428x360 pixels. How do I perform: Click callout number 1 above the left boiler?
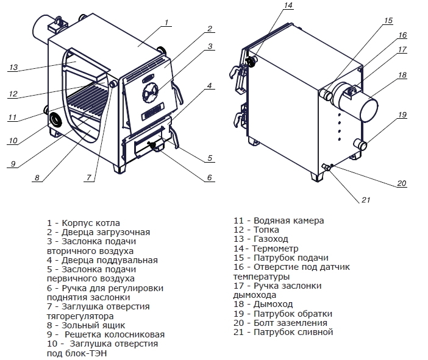click(x=165, y=23)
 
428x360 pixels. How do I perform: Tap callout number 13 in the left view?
click(x=13, y=68)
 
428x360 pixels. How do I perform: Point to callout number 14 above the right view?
click(x=288, y=5)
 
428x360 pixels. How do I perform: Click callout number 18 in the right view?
click(x=402, y=76)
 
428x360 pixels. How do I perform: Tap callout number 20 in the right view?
click(x=401, y=183)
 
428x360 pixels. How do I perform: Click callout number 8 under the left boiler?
click(x=37, y=178)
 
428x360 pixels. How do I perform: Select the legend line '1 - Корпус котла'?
click(x=83, y=223)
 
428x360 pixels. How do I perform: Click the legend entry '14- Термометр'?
click(x=266, y=249)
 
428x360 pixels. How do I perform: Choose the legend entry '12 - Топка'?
click(x=256, y=230)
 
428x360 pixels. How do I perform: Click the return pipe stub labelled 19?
click(x=363, y=145)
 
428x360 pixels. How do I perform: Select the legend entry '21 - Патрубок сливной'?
click(x=283, y=332)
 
